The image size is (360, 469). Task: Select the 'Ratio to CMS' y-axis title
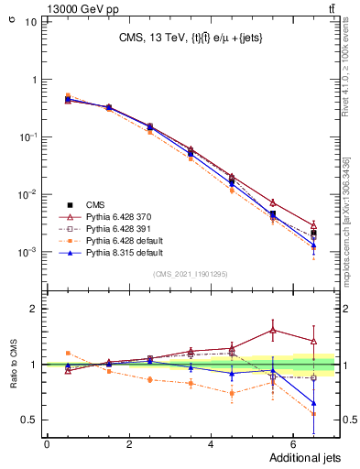point(15,366)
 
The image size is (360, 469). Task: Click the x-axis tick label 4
point(212,444)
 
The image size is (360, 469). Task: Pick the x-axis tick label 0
point(47,444)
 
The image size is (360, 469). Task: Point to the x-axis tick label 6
point(293,444)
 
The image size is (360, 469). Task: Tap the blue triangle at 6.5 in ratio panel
point(314,403)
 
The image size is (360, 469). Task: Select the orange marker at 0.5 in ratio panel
point(68,353)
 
